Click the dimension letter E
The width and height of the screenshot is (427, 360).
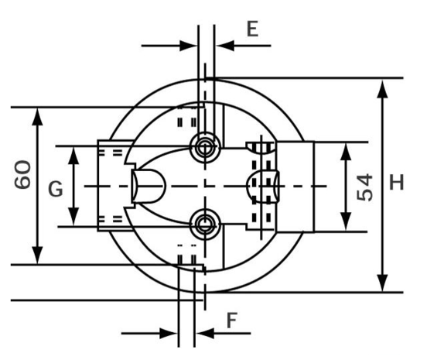click(x=252, y=29)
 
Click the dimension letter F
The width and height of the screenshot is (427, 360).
click(x=232, y=321)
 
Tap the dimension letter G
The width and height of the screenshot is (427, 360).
click(x=56, y=189)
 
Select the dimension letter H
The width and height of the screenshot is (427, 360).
click(x=397, y=182)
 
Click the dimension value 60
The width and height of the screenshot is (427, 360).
click(x=22, y=175)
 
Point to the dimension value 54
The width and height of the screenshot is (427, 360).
click(x=364, y=188)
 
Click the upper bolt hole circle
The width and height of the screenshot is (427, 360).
click(x=205, y=147)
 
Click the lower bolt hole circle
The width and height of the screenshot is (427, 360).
click(x=205, y=225)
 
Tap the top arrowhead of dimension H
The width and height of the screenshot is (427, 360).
click(x=383, y=88)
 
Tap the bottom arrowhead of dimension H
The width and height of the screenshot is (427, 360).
click(x=383, y=283)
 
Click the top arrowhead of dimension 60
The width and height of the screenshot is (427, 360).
click(x=37, y=117)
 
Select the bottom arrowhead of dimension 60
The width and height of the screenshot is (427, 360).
click(x=37, y=255)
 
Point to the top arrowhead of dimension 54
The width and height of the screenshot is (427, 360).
click(x=346, y=151)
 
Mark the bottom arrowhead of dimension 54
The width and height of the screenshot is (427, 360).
click(x=346, y=222)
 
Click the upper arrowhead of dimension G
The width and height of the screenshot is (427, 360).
click(x=73, y=156)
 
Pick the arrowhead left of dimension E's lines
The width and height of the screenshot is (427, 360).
click(x=189, y=46)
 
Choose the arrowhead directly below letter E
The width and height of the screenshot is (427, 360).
click(x=225, y=46)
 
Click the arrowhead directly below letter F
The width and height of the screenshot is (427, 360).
click(x=205, y=333)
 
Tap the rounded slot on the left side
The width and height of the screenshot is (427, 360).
click(x=149, y=186)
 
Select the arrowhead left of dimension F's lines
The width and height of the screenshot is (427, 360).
click(x=169, y=333)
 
